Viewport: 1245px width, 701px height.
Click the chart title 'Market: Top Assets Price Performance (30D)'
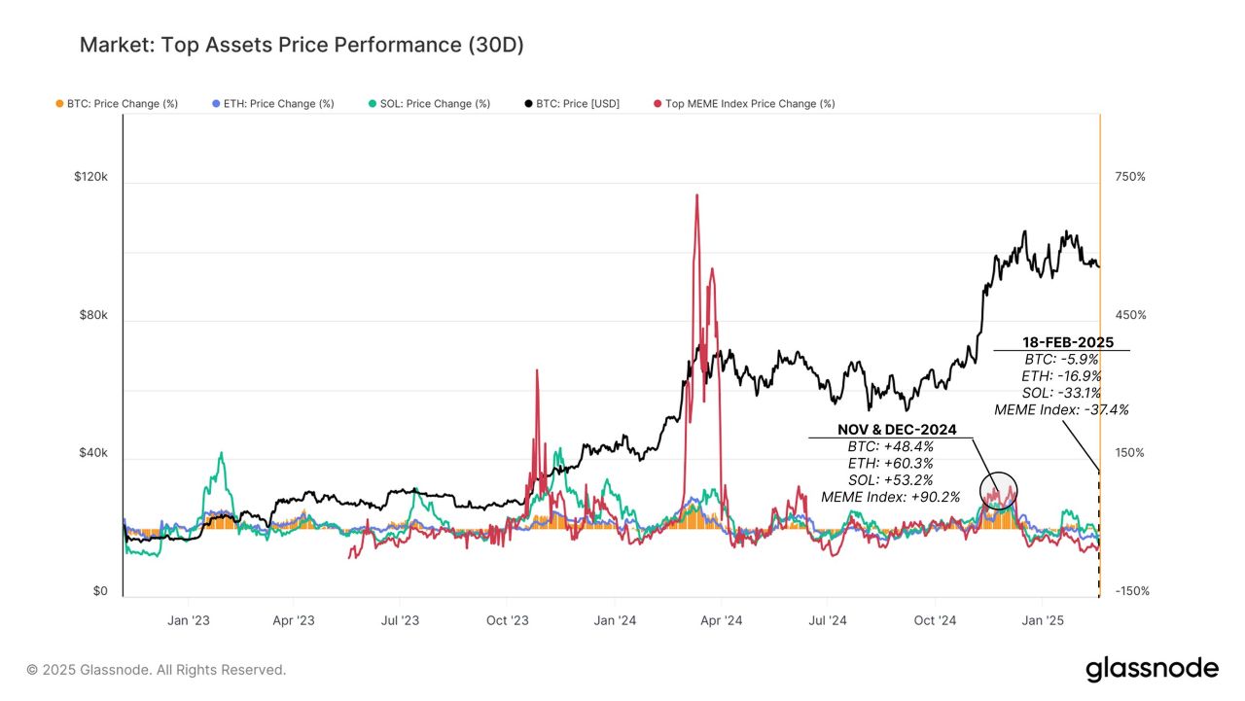pos(302,46)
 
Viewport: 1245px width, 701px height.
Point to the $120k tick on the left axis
pos(90,178)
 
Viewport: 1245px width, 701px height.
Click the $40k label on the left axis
pos(92,454)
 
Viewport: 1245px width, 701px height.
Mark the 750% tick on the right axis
pos(1130,177)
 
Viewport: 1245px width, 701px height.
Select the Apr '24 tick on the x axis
pos(721,620)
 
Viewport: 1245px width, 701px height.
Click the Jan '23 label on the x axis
pos(188,620)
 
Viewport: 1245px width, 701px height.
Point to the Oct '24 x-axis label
pos(937,620)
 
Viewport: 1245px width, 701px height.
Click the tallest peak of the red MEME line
pos(696,195)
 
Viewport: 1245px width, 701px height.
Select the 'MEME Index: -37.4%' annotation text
pos(1061,410)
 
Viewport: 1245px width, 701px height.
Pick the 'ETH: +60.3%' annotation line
pos(890,463)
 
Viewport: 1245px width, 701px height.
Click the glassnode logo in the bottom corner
pos(1152,669)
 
